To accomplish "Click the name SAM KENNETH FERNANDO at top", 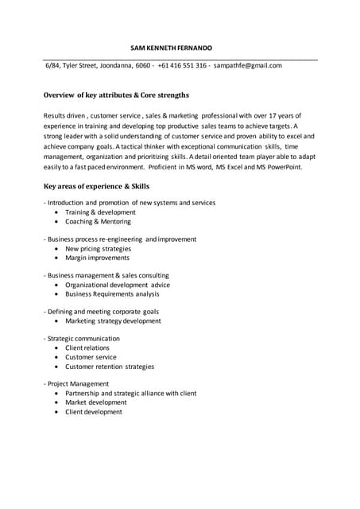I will click(x=171, y=48).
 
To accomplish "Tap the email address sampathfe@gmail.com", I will click(x=248, y=65).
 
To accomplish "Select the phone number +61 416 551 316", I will click(x=182, y=65).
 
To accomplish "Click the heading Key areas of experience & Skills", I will click(x=96, y=185).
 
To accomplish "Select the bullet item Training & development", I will click(x=100, y=212).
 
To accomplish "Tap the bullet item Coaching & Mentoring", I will click(x=98, y=222).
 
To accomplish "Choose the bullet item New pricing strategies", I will click(x=98, y=248).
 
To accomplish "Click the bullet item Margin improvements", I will click(x=97, y=258).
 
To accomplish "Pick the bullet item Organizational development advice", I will click(x=117, y=285).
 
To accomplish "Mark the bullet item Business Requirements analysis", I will click(x=112, y=294).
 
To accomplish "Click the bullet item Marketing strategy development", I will click(x=113, y=321).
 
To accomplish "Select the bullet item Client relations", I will click(x=87, y=348).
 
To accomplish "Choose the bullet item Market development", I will click(x=95, y=402).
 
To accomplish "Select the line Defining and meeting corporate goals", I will click(x=103, y=311).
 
